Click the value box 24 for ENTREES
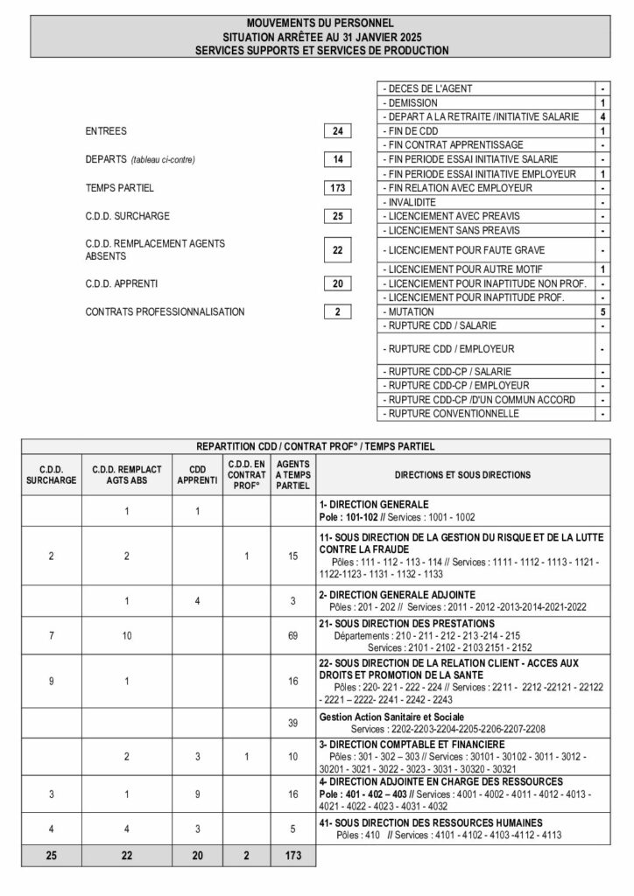pyautogui.click(x=337, y=131)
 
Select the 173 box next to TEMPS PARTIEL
pyautogui.click(x=337, y=188)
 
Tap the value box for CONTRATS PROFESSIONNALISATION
pyautogui.click(x=337, y=311)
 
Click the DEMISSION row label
pyautogui.click(x=408, y=102)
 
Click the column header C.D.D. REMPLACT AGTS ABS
pyautogui.click(x=128, y=475)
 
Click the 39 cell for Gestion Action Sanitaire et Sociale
pyautogui.click(x=293, y=723)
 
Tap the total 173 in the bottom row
pyautogui.click(x=293, y=855)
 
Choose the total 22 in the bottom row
pyautogui.click(x=128, y=855)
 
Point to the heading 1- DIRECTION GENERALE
pyautogui.click(x=374, y=505)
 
